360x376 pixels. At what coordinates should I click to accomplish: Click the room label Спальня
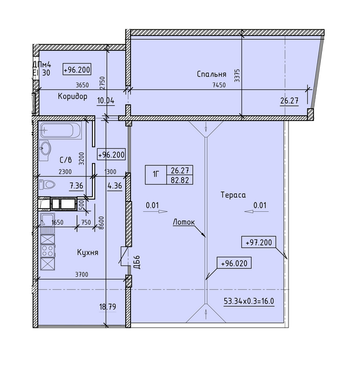211,74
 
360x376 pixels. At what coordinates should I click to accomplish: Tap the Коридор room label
73,96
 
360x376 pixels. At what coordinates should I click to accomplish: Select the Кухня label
88,252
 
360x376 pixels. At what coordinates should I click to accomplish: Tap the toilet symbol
49,185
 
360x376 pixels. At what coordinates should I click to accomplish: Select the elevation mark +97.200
258,243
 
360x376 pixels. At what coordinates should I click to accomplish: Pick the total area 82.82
180,180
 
